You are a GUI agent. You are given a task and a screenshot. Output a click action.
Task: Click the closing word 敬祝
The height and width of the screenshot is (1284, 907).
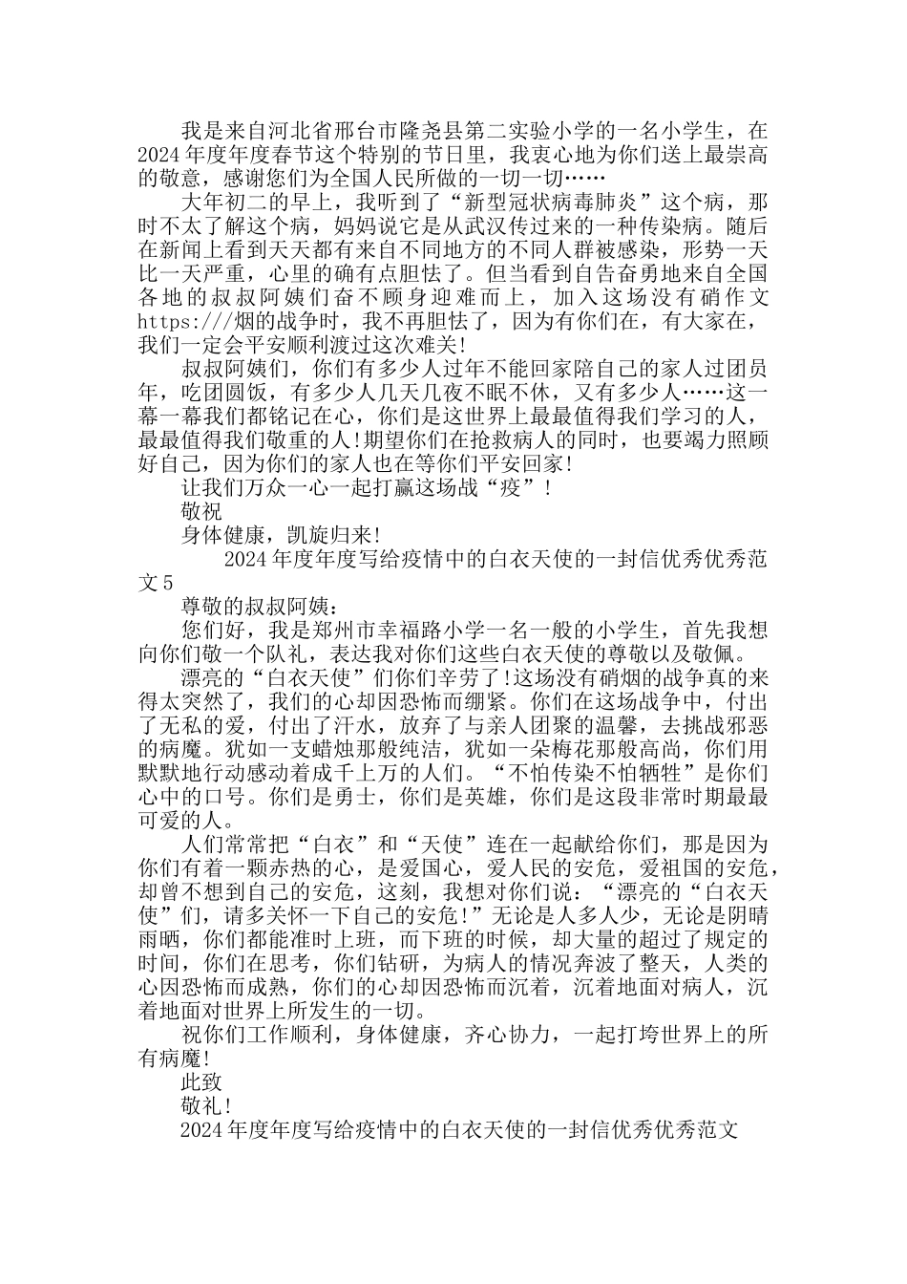(201, 511)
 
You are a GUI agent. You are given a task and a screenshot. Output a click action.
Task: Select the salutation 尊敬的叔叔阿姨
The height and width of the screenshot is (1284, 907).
(255, 606)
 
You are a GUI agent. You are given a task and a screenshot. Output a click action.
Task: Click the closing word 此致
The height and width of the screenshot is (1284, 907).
(201, 1081)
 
